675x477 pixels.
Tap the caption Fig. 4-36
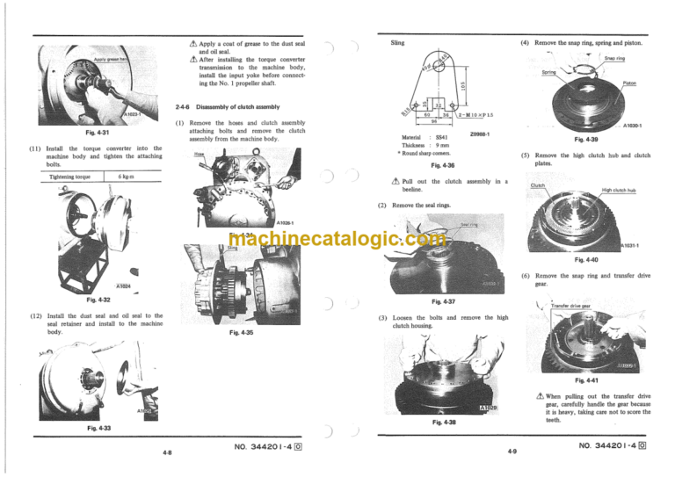tap(436, 165)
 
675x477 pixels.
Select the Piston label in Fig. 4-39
tap(629, 83)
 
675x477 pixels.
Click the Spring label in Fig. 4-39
tap(548, 73)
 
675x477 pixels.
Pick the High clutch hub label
tap(619, 190)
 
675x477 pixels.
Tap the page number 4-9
tap(512, 452)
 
